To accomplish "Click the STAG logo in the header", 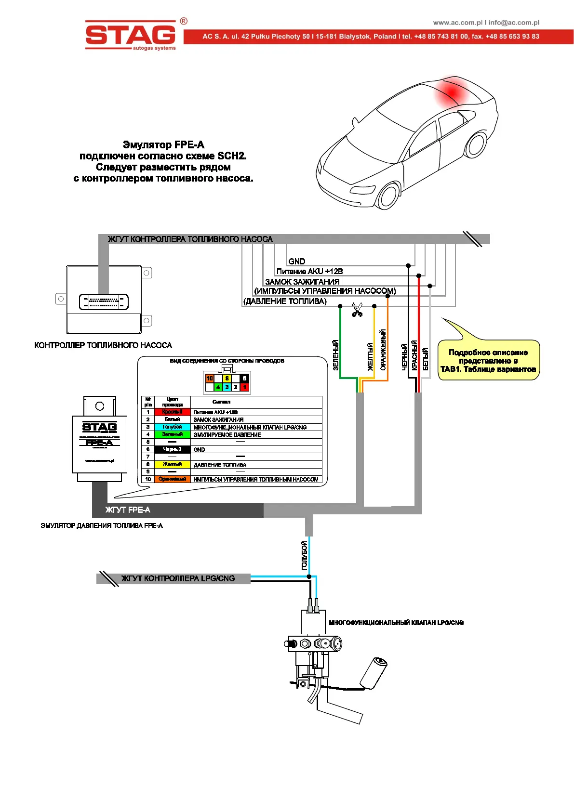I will pos(131,35).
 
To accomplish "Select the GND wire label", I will pos(296,262).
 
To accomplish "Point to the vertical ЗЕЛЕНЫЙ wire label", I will pos(336,355).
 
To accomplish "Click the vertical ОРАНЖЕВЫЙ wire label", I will pos(383,350).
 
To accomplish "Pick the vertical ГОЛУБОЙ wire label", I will pos(304,555).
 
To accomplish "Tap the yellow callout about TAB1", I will pos(488,361).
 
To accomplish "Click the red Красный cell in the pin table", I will pos(172,412).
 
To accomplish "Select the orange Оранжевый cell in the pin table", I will pos(172,479).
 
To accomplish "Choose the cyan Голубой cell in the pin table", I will pos(172,427).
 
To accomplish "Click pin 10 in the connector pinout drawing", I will pos(209,379).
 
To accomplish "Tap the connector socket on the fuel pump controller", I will pos(104,302).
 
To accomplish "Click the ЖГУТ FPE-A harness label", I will pos(128,510).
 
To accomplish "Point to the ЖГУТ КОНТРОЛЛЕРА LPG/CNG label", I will pos(178,578).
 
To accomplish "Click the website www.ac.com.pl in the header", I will pos(457,23).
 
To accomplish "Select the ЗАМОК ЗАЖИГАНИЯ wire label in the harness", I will pos(302,282).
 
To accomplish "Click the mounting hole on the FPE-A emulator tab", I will pos(100,406).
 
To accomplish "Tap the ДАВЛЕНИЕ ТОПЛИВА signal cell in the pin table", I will pos(220,465).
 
